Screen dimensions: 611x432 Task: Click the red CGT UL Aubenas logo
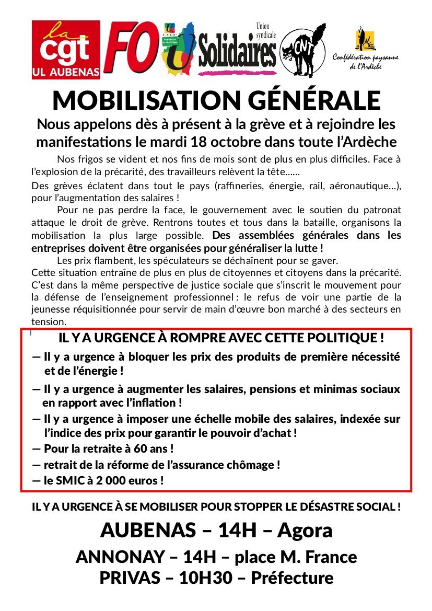66,50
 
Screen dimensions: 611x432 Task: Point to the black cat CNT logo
303,50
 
